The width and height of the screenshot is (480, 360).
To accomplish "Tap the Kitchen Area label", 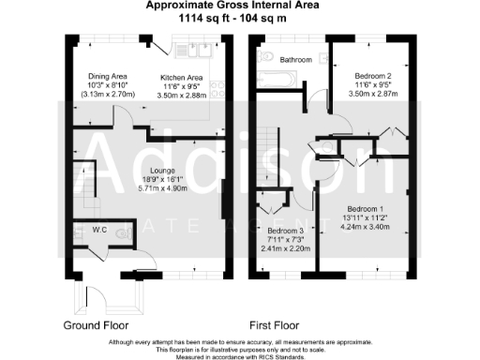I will pos(182,77).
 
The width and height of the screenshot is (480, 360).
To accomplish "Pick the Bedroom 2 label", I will pos(372,74).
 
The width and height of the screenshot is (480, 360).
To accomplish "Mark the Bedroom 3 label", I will pos(286,231).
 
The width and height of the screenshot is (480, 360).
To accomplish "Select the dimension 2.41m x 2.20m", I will pos(286,249).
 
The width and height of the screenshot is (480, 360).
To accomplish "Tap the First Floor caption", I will pos(281,325).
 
